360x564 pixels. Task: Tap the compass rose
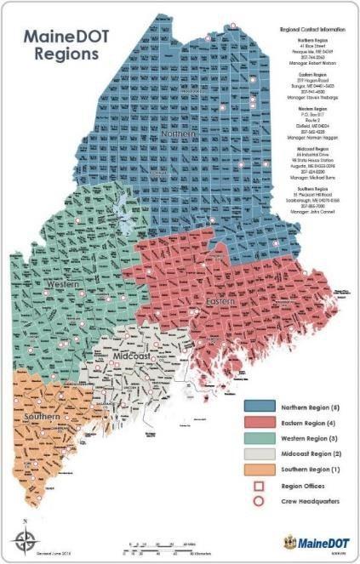click(24, 537)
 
